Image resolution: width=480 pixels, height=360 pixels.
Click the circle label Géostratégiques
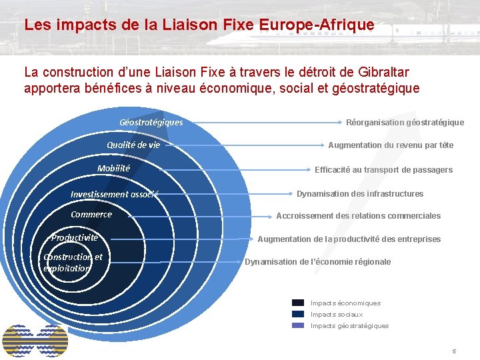pos(151,123)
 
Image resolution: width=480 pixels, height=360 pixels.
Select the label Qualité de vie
pos(133,145)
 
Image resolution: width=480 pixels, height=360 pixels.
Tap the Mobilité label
pos(113,168)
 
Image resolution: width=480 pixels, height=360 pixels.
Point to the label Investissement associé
pos(114,194)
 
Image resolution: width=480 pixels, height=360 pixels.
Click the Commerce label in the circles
pos(91,215)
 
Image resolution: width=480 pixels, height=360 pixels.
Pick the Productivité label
pos(75,237)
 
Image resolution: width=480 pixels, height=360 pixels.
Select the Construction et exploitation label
pos(73,262)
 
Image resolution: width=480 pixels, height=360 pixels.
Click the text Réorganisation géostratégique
pos(405,123)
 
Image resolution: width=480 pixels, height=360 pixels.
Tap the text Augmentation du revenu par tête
pos(390,145)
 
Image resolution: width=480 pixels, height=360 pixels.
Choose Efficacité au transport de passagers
pos(383,170)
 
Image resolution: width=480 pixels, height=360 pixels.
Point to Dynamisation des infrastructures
pos(360,194)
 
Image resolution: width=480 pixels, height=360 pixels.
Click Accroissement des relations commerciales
pos(358,216)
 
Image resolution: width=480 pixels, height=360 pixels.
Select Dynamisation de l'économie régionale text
pos(317,262)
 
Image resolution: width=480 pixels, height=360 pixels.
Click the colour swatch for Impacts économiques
pos(298,303)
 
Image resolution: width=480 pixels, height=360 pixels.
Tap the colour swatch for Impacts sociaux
pos(298,314)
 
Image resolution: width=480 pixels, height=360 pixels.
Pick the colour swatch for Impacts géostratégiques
pos(298,325)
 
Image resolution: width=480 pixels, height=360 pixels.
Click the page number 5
pos(454,351)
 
